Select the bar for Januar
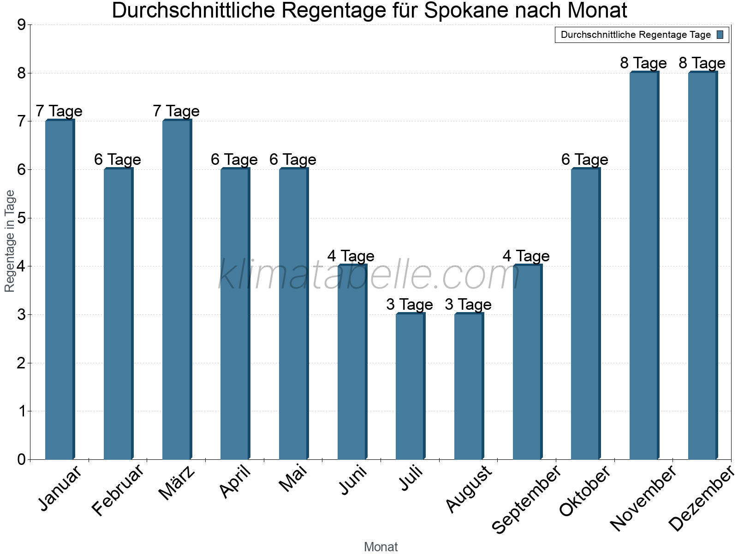pyautogui.click(x=60, y=289)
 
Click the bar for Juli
pyautogui.click(x=410, y=386)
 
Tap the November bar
pyautogui.click(x=644, y=265)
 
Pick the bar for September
pyautogui.click(x=527, y=362)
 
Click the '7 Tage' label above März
pyautogui.click(x=176, y=111)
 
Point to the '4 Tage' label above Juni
pyautogui.click(x=351, y=256)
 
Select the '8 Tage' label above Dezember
pyautogui.click(x=702, y=63)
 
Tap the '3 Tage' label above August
pyautogui.click(x=468, y=305)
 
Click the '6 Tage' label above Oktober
pyautogui.click(x=585, y=160)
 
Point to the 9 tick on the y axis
pyautogui.click(x=21, y=25)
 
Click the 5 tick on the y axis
pyautogui.click(x=21, y=218)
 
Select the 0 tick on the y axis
pyautogui.click(x=21, y=460)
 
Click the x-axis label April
pyautogui.click(x=235, y=482)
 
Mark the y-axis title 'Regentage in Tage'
pyautogui.click(x=10, y=241)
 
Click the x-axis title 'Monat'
pyautogui.click(x=381, y=547)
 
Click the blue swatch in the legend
pyautogui.click(x=720, y=35)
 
